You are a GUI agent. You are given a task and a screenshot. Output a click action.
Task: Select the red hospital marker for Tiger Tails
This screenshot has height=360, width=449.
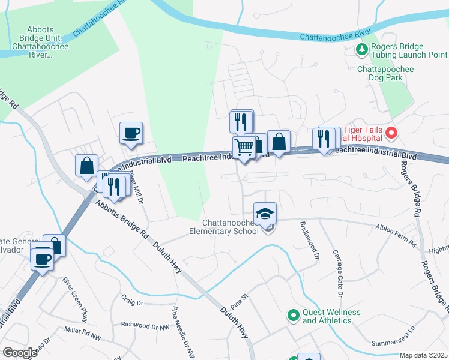(x=392, y=133)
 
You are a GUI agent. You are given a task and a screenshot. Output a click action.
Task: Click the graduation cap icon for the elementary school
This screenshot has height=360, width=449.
(x=265, y=213)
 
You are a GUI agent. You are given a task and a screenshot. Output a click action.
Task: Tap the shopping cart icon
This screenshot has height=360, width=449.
(x=244, y=146)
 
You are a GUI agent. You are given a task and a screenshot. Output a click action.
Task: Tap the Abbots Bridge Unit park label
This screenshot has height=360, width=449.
(x=40, y=42)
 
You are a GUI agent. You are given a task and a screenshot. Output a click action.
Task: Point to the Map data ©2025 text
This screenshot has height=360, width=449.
(x=423, y=355)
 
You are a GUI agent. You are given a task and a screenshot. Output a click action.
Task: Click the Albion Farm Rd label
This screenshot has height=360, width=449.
(x=395, y=236)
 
